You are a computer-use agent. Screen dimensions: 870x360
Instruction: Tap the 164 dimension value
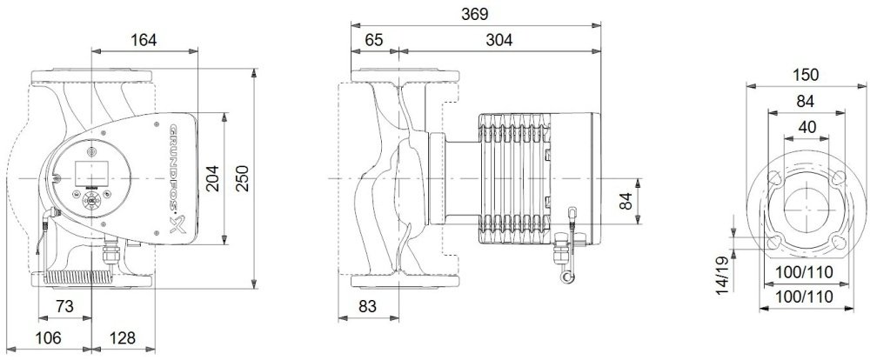[144, 40]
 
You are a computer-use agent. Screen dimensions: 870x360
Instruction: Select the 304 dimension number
[499, 40]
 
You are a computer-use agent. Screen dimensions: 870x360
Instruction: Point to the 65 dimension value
[374, 40]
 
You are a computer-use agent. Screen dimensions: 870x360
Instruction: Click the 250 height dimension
[243, 178]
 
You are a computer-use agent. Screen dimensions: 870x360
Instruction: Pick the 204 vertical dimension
[212, 178]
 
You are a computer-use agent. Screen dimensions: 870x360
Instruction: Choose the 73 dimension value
[65, 306]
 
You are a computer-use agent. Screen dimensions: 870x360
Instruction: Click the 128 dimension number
[122, 337]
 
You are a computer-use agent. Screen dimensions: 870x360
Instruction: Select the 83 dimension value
[367, 306]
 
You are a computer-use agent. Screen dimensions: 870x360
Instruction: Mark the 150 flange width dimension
[805, 75]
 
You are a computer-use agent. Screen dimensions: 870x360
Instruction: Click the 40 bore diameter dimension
[807, 127]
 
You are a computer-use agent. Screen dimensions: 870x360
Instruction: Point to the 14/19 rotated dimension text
[721, 275]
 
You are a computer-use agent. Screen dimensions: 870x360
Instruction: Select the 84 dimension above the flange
[805, 102]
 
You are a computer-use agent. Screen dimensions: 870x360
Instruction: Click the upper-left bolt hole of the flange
[774, 179]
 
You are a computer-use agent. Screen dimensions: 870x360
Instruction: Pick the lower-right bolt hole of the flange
[839, 243]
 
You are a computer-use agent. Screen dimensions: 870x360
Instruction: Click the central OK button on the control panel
[90, 200]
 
